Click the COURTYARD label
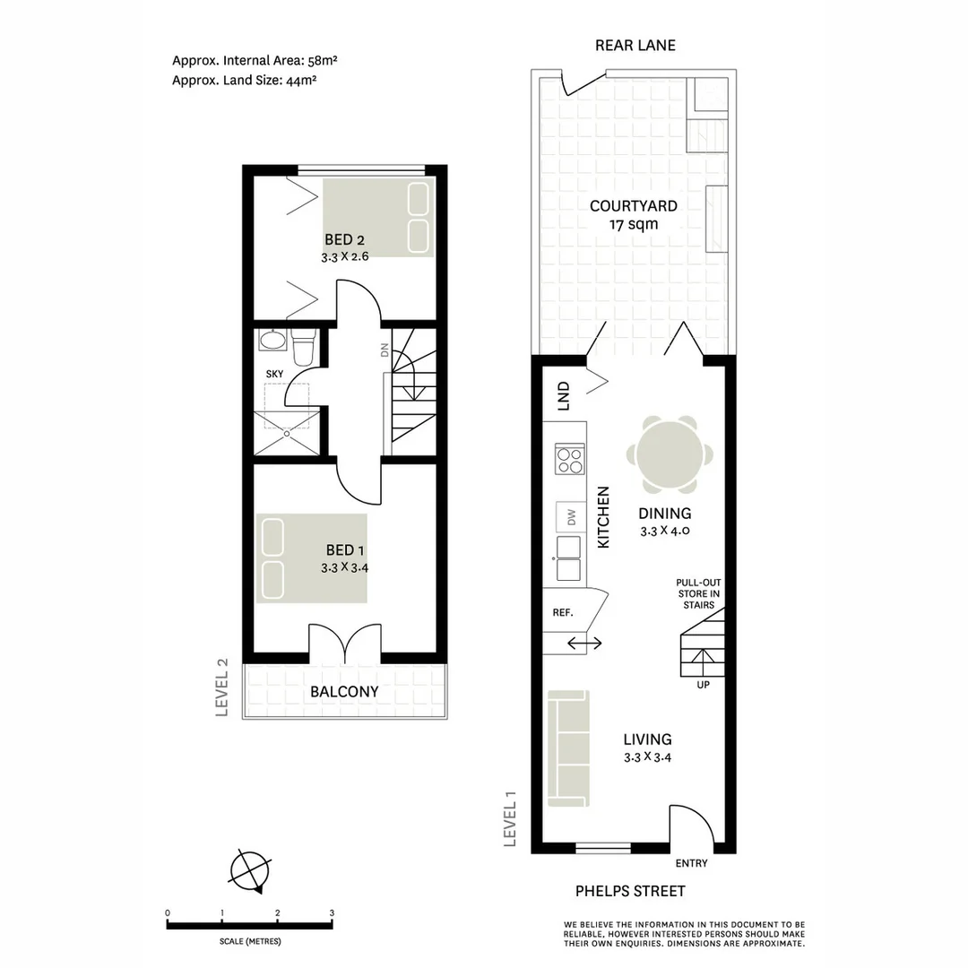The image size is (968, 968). tap(633, 206)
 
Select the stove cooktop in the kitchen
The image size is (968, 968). tap(569, 459)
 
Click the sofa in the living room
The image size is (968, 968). tap(567, 747)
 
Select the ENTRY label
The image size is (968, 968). tap(690, 863)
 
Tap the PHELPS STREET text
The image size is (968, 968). tap(630, 891)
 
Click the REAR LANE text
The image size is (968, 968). tap(635, 46)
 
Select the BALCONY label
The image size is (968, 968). tap(344, 692)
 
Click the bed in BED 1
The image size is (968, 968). tap(311, 557)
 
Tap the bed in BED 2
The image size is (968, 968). tap(378, 217)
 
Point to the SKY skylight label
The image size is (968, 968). tap(274, 373)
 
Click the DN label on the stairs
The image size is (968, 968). tap(385, 350)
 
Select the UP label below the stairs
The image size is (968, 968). tap(704, 687)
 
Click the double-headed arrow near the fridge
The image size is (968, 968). tap(584, 643)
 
